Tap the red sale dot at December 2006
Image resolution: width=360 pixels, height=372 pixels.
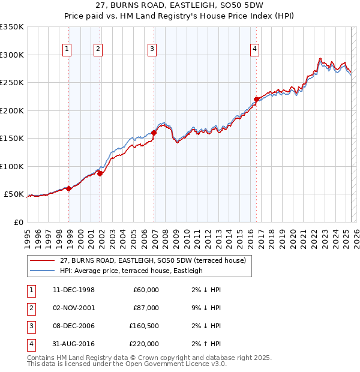154,133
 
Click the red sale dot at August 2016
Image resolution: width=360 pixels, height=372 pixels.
256,99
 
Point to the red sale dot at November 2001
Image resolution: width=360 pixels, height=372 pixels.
100,173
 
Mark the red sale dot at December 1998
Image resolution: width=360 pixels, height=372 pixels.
69,188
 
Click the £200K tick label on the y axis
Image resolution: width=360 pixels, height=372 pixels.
12,110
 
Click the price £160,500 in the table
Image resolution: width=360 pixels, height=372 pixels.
144,326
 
